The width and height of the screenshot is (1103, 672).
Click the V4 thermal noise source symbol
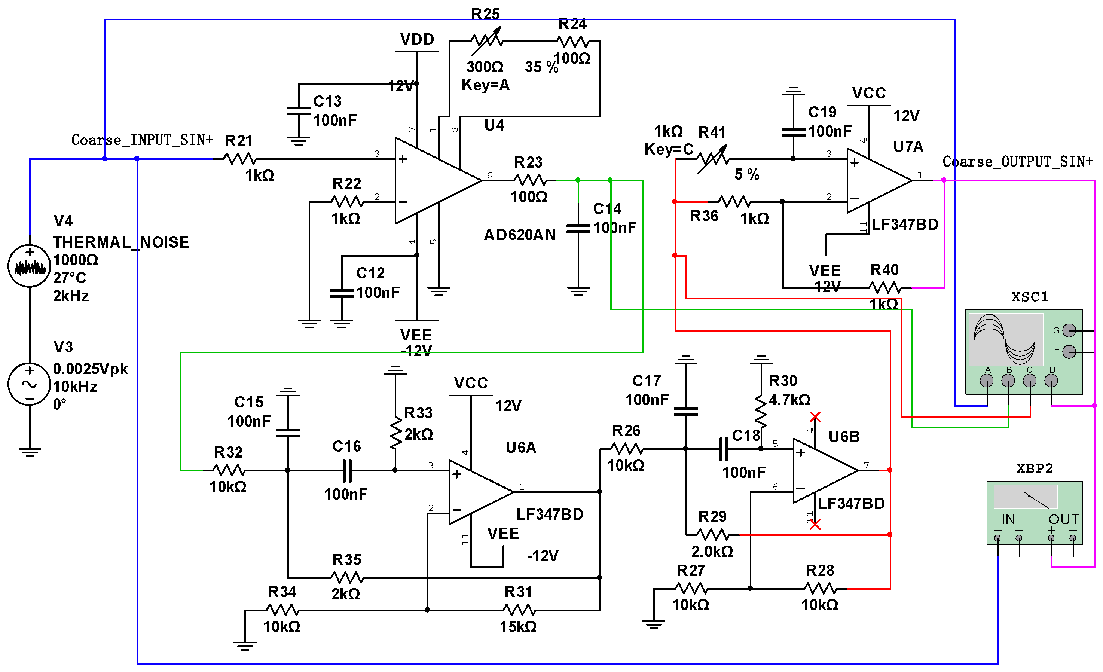pos(29,266)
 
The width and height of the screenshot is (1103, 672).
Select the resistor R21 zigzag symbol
pos(239,159)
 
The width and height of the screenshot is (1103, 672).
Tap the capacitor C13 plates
pos(299,111)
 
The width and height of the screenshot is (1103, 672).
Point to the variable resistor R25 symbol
pos(487,41)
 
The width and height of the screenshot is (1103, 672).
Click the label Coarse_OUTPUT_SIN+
pos(1017,161)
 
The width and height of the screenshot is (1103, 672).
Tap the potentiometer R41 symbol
pos(713,159)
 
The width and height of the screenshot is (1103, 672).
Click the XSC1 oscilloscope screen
pos(1005,339)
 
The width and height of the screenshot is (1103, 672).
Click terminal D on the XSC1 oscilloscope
pos(1051,381)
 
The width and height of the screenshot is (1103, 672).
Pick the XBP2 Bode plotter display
pos(1025,497)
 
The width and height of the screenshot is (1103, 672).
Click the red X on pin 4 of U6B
pos(815,417)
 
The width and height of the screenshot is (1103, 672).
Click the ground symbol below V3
pos(30,451)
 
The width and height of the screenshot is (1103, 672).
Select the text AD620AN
pos(520,235)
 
